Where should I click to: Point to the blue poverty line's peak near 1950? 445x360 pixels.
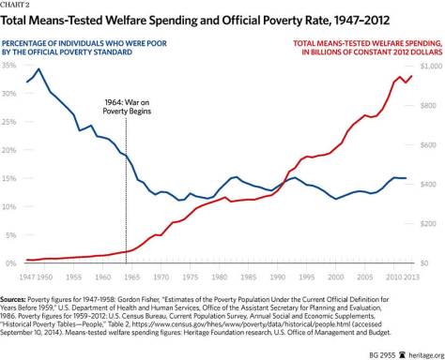click(38, 69)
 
